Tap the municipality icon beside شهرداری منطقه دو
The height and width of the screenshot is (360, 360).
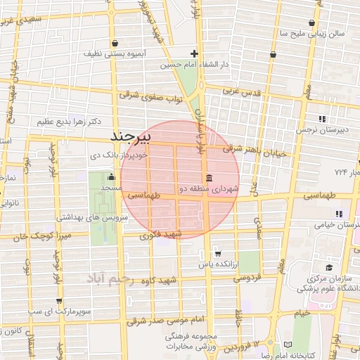[208, 176]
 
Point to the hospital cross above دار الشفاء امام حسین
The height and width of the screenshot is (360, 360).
[195, 53]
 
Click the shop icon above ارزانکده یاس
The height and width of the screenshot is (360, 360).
[217, 254]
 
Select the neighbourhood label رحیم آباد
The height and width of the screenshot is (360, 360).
[109, 279]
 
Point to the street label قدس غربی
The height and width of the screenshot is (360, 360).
[242, 91]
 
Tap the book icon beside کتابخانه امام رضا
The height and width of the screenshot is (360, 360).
[287, 344]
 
